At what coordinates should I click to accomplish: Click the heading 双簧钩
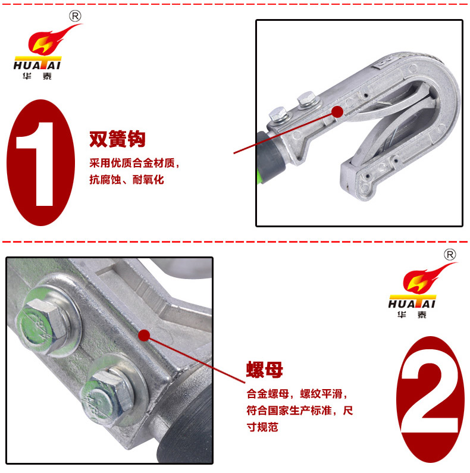coord(117,139)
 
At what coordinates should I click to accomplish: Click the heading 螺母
coord(265,369)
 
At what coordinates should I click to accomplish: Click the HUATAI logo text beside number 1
coord(37,65)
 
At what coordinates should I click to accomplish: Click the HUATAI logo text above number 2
coord(412,304)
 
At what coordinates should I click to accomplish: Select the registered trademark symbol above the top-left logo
coord(75,16)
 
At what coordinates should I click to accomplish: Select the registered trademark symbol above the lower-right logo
coord(450,255)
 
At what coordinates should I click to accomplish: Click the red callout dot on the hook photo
coord(337,112)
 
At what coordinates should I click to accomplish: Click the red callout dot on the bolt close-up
coord(144,336)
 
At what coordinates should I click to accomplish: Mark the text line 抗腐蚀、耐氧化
coord(127,180)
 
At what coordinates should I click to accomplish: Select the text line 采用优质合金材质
coord(133,163)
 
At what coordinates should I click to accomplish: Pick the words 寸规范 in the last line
coord(262,427)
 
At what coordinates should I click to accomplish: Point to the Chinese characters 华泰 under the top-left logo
coord(37,76)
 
